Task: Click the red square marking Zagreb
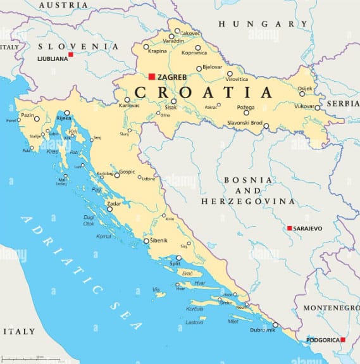[x=152, y=77]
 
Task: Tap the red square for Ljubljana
[x=71, y=54]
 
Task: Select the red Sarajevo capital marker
[x=289, y=228]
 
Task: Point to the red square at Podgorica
[x=343, y=339]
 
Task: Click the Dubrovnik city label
[x=262, y=330]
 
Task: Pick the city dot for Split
[x=178, y=258]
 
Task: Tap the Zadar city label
[x=114, y=204]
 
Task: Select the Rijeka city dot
[x=67, y=113]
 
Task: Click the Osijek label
[x=305, y=88]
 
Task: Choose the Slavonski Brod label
[x=244, y=122]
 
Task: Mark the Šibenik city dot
[x=146, y=241]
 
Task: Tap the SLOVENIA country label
[x=78, y=46]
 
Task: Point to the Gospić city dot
[x=116, y=175]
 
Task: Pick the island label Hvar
[x=200, y=283]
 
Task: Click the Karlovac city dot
[x=127, y=99]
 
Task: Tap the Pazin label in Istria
[x=27, y=115]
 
